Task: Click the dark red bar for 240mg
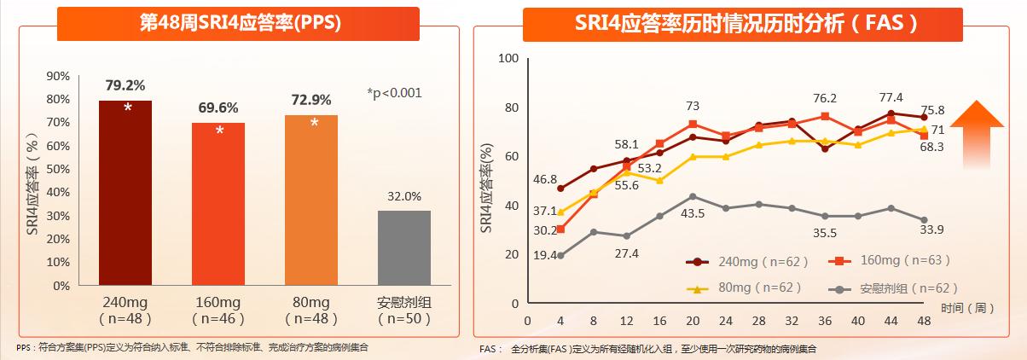click(x=125, y=193)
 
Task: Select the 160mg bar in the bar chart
click(x=219, y=204)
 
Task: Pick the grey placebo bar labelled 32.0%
click(x=404, y=247)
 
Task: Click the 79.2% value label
click(x=125, y=85)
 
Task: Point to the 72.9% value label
click(x=312, y=101)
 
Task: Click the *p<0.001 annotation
click(x=394, y=93)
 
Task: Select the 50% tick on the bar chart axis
click(x=58, y=169)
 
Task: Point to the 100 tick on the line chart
click(x=508, y=59)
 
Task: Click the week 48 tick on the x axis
click(x=923, y=321)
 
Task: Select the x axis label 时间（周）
click(x=967, y=307)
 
